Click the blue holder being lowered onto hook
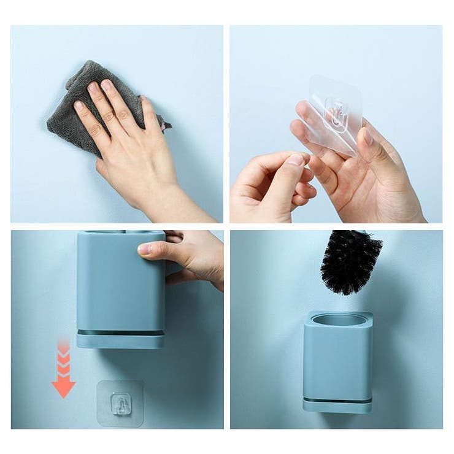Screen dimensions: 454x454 tap(120, 282)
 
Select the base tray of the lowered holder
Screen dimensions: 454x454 tap(120, 339)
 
